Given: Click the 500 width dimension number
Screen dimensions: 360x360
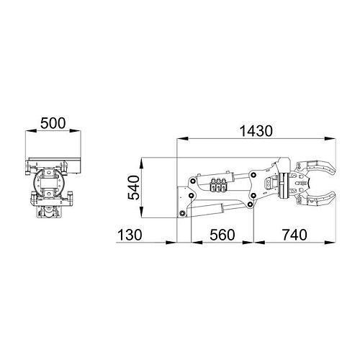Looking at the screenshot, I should coord(55,123).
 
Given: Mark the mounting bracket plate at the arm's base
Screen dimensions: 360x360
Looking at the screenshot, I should coord(183,202).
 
